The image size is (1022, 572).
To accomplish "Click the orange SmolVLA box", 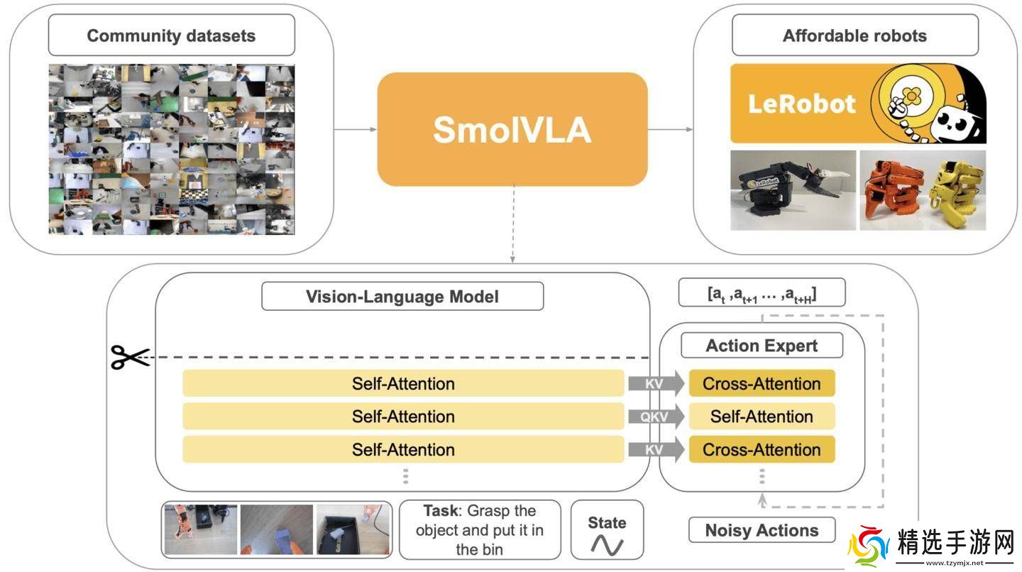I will (x=512, y=129).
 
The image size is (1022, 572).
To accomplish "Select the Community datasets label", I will (x=171, y=36).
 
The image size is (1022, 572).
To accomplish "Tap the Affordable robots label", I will (x=855, y=35).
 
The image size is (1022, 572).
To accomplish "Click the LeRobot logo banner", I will (x=858, y=104).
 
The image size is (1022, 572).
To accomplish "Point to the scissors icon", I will (x=129, y=357).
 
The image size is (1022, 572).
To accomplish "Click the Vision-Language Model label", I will (x=402, y=296).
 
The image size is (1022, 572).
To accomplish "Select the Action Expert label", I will (x=762, y=346).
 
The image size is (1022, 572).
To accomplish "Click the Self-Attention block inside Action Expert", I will (x=762, y=417).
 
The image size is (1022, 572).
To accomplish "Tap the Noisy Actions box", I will (x=762, y=530).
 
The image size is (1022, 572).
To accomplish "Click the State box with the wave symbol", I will (x=607, y=535).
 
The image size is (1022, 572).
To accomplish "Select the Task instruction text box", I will (x=480, y=529).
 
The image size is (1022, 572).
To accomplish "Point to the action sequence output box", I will (x=762, y=292).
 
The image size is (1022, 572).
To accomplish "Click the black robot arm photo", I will (x=793, y=190).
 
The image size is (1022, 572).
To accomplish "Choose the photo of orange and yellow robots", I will (x=923, y=190).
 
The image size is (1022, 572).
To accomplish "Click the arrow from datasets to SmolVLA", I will (x=355, y=129).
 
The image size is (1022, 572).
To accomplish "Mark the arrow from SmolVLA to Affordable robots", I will (x=671, y=129).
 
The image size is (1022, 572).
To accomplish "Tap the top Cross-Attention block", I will (x=762, y=384).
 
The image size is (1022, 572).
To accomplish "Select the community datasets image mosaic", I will (x=171, y=149).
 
